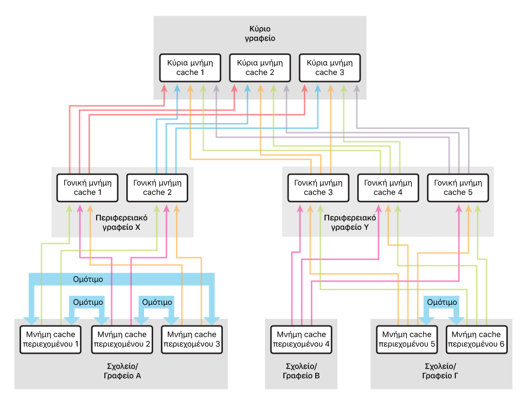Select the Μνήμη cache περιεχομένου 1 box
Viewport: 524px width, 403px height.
click(x=50, y=339)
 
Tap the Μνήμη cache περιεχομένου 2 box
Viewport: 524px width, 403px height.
click(x=120, y=339)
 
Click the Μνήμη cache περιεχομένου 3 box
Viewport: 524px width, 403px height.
click(x=190, y=339)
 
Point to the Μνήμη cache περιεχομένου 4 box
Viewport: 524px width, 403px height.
click(x=301, y=339)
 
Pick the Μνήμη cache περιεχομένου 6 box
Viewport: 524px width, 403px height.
click(x=477, y=339)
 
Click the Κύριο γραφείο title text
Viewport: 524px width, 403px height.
click(x=260, y=33)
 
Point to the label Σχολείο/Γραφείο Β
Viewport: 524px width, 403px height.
click(x=301, y=371)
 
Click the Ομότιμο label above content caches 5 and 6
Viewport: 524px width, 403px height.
click(x=442, y=303)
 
